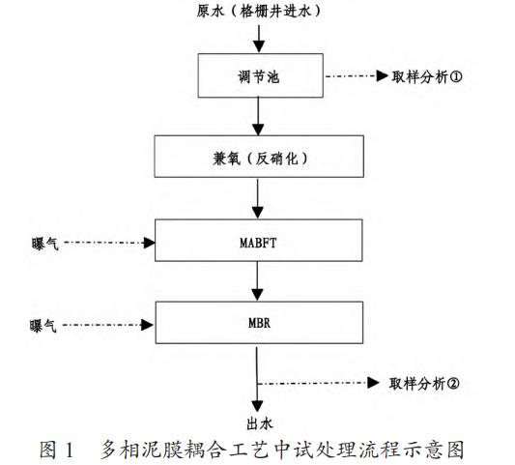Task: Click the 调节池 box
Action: point(256,74)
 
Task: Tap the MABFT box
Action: point(256,240)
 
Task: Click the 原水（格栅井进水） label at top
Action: point(256,11)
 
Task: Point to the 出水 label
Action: point(256,421)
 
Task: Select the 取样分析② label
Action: point(426,383)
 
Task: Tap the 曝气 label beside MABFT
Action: point(44,242)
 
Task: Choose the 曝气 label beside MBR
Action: point(44,327)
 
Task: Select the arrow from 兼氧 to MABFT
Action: point(256,198)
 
